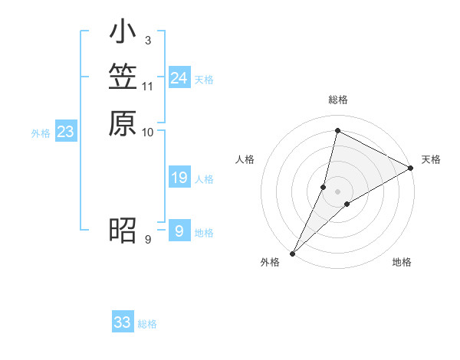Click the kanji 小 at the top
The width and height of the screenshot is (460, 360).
coord(123,34)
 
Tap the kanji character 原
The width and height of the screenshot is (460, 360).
coord(123,123)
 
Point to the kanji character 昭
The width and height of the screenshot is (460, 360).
coord(123,230)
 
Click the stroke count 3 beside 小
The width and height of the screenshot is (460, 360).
coord(147,40)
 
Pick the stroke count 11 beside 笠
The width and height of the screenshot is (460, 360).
coord(148,86)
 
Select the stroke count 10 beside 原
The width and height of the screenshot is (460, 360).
coord(148,132)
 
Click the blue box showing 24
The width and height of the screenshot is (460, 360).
coord(179,78)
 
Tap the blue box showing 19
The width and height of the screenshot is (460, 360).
coord(179,178)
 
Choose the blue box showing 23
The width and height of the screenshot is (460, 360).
coord(65,132)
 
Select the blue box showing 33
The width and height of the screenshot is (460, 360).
coord(123,322)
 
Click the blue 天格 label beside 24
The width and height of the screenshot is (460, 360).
coord(204,80)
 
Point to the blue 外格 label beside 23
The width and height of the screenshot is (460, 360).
coord(41,133)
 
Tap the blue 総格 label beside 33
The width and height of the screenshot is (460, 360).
coord(147,324)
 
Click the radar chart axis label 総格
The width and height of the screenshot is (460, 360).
coord(338,100)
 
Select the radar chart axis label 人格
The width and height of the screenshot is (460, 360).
coord(245,159)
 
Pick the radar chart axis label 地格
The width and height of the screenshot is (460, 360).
coord(402,263)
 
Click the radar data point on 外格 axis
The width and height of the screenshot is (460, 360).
coord(292,254)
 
